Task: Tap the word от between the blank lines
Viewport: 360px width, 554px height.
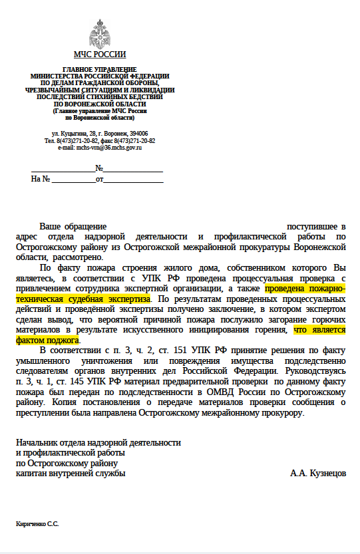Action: click(99, 179)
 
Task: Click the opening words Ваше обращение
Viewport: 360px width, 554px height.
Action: click(73, 227)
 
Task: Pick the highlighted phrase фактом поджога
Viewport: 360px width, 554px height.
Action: click(42, 340)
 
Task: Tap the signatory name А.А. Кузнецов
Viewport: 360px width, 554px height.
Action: click(317, 474)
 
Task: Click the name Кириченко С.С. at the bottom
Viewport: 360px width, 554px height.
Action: click(37, 525)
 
